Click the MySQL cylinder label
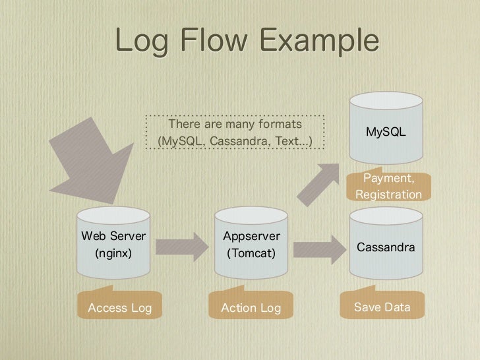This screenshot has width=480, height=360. click(386, 133)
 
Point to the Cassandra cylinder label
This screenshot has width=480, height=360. click(386, 247)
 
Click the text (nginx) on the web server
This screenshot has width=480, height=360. click(113, 253)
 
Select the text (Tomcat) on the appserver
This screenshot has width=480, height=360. click(251, 253)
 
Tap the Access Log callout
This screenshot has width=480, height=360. click(119, 307)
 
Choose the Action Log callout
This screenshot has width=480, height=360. click(251, 307)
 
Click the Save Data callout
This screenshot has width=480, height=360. click(382, 307)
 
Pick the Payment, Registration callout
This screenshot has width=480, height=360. click(388, 187)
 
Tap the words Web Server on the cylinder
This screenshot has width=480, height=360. click(113, 235)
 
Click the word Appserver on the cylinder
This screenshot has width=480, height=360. click(251, 236)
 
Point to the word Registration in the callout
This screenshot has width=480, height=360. click(388, 195)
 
